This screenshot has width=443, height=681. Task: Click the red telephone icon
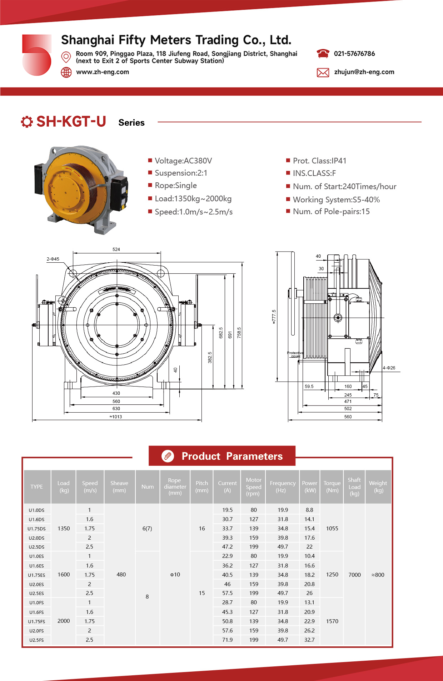click(323, 54)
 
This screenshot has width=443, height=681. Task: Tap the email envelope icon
click(323, 72)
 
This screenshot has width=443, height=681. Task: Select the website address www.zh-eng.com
click(103, 72)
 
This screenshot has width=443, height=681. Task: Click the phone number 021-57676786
click(354, 54)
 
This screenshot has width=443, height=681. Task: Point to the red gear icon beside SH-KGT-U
click(27, 122)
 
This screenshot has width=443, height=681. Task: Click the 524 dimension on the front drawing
click(116, 249)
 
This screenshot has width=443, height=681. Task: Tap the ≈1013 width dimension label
click(116, 417)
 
